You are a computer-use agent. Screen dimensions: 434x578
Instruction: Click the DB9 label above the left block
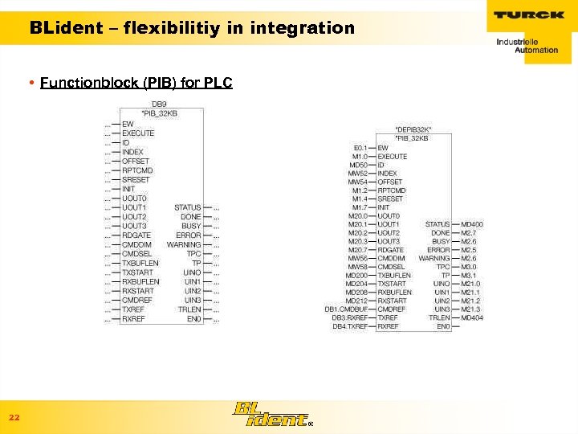pos(159,104)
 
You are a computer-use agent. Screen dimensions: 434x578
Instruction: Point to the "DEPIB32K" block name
pos(413,129)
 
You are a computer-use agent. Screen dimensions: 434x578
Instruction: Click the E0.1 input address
pos(360,148)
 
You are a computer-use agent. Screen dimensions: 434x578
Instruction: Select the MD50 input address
pos(358,165)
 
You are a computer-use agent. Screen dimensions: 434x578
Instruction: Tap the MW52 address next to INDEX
pos(357,174)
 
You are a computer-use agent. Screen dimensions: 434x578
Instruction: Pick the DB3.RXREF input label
pos(350,317)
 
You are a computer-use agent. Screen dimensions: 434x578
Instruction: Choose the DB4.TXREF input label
pos(350,326)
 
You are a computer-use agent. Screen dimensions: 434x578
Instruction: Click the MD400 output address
pos(472,224)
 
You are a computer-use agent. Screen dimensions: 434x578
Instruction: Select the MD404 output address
pos(472,317)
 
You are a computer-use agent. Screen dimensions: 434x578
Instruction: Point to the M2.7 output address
pos(469,233)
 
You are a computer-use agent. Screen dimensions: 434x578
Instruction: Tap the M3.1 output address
pos(469,275)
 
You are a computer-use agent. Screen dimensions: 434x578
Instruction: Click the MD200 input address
pos(357,275)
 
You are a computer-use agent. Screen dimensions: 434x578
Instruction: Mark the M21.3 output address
pos(470,309)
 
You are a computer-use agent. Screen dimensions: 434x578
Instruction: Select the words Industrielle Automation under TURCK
pos(526,45)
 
